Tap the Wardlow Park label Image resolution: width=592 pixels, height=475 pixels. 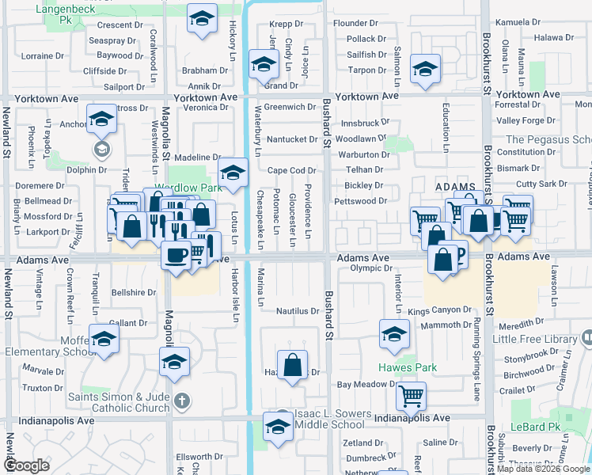[x=188, y=188]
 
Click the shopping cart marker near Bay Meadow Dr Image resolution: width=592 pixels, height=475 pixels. [x=412, y=394]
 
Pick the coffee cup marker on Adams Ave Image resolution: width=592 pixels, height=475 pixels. [x=176, y=256]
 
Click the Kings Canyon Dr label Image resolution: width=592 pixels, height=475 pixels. [x=439, y=311]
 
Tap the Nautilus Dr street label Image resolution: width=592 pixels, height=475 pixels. [x=297, y=311]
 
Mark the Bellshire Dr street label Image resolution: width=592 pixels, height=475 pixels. [x=133, y=292]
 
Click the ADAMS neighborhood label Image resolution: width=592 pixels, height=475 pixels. [x=455, y=186]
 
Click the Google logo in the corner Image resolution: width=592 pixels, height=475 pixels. [x=26, y=465]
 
